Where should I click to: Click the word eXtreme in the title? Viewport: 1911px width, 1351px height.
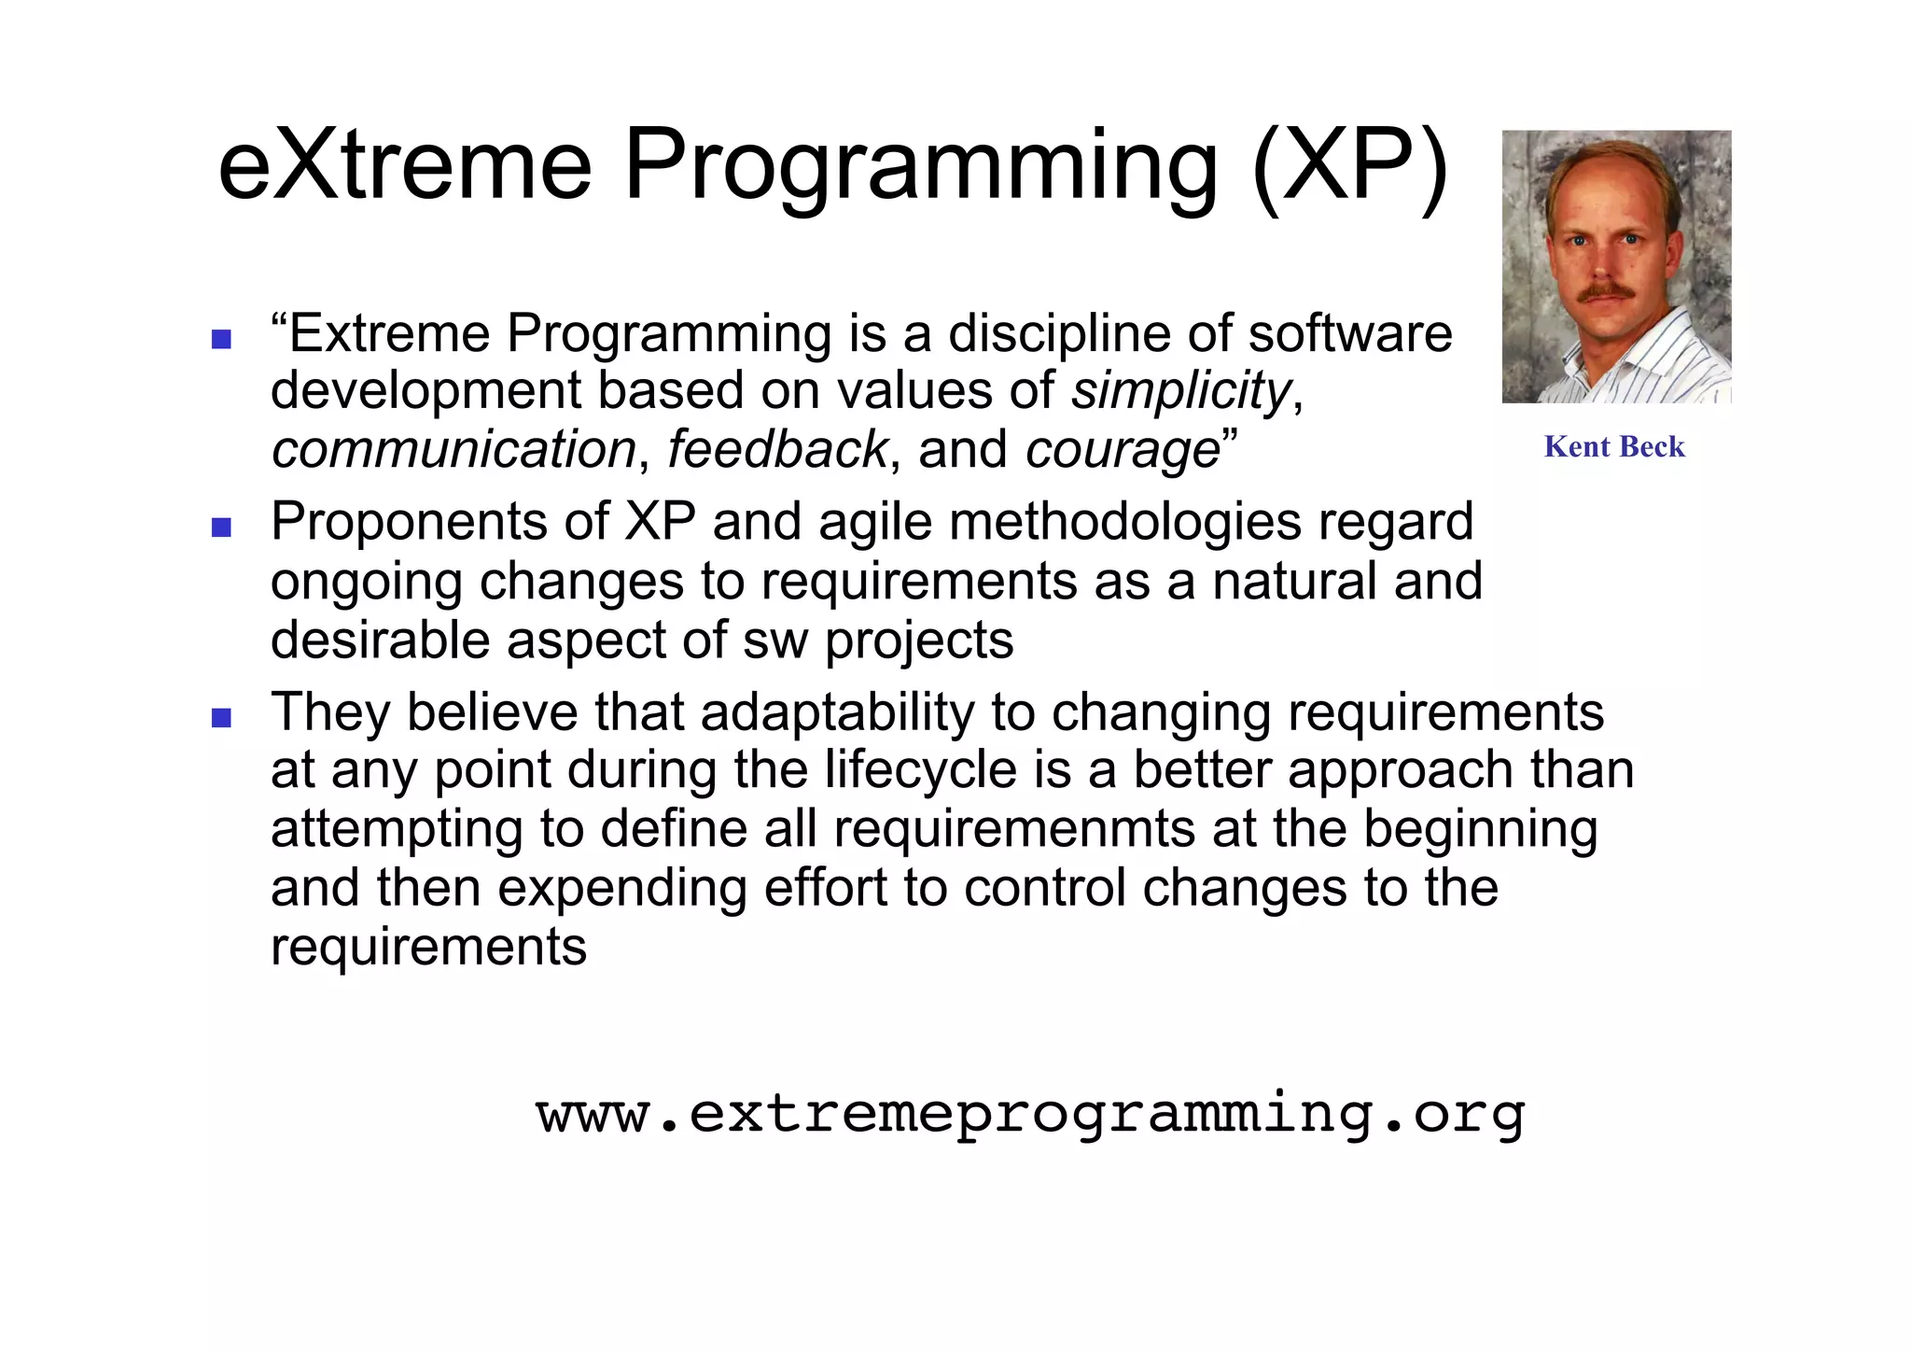[x=404, y=166]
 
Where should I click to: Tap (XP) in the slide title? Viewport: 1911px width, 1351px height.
[x=1349, y=166]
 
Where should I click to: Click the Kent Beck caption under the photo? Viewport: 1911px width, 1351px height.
[x=1614, y=447]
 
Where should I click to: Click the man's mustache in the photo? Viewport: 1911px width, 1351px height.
[x=1605, y=292]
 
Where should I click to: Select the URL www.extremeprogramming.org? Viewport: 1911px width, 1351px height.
[x=1030, y=1115]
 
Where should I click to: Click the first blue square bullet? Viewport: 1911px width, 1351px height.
[x=221, y=339]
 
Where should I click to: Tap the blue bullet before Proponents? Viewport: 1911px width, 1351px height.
[x=221, y=528]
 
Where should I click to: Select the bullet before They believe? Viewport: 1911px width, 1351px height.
[x=221, y=718]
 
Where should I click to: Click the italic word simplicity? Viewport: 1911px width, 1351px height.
[x=1180, y=391]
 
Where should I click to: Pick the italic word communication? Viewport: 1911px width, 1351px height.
[x=453, y=450]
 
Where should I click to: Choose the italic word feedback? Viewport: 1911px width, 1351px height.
[x=776, y=450]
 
